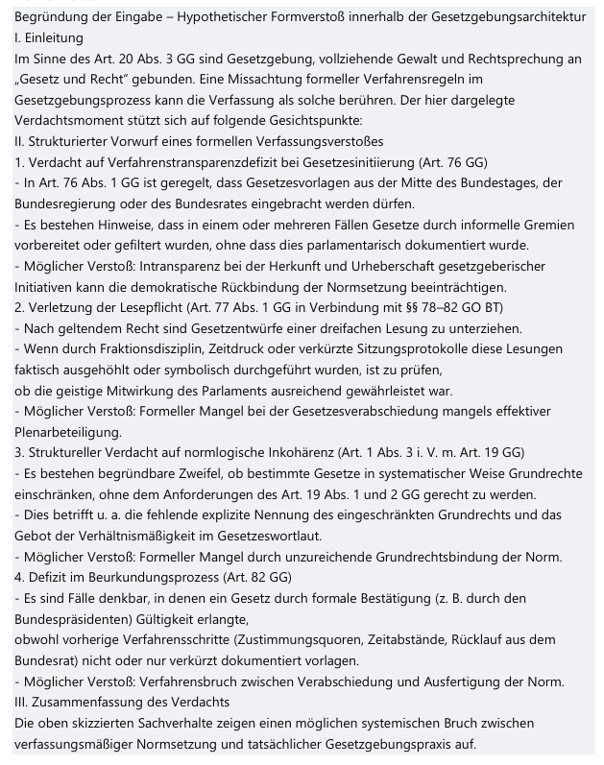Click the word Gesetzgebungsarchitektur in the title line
pyautogui.click(x=507, y=16)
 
